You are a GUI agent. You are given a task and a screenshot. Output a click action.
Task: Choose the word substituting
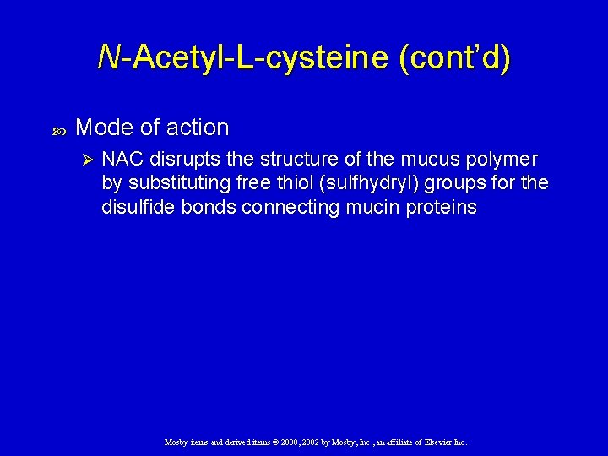[x=180, y=183]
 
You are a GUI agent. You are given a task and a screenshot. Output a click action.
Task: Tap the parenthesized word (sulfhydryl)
[x=383, y=183]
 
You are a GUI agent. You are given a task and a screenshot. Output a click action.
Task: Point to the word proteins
[x=443, y=207]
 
